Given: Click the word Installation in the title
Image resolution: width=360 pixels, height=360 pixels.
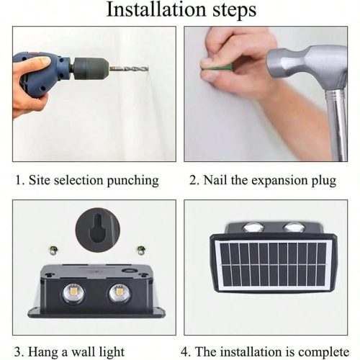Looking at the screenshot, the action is tap(156, 9).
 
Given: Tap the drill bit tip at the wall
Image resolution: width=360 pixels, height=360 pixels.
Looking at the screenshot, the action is tap(147, 68).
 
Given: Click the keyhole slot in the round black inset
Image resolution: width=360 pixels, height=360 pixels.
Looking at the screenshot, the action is tap(98, 228).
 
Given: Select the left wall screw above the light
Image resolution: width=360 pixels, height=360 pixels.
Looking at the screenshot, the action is tap(53, 251).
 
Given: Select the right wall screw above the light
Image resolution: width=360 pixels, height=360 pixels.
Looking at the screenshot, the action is tap(140, 251).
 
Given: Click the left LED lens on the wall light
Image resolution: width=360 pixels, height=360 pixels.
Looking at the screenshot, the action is tap(73, 293).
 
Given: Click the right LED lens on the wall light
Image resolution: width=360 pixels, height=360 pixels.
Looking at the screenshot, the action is tap(119, 293).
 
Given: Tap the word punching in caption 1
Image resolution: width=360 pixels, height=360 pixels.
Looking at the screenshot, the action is tap(132, 181).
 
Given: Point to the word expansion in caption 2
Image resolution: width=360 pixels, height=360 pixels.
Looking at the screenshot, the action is tap(279, 181).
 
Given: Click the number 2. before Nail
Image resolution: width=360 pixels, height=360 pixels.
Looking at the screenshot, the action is tap(194, 180).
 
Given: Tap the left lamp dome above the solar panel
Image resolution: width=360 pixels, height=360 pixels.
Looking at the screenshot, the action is tap(253, 227).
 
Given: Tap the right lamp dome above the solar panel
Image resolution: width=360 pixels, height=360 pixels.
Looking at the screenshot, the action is tap(294, 227).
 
